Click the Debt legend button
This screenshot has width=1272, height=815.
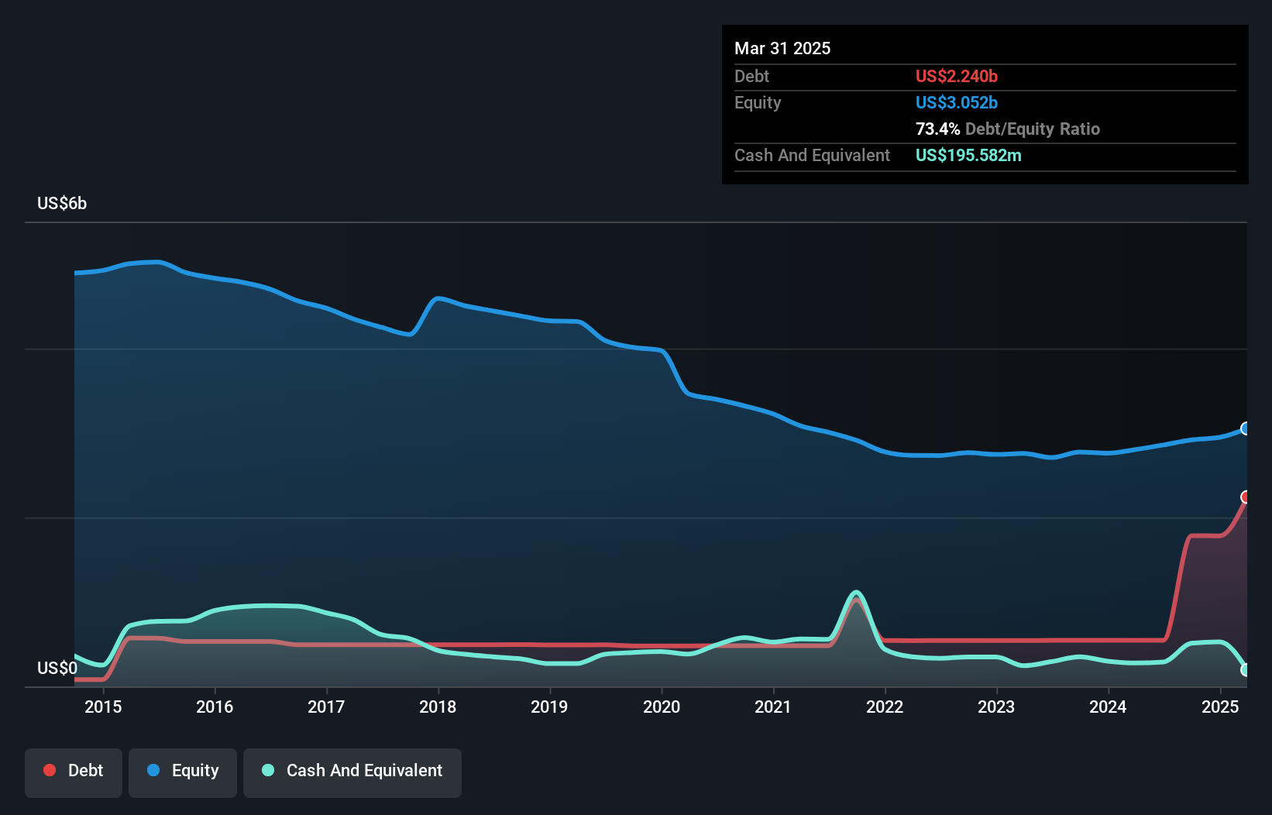click(x=74, y=772)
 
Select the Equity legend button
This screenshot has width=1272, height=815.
click(x=183, y=772)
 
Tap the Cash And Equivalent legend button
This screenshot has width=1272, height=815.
click(x=352, y=772)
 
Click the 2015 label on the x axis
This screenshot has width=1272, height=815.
click(x=103, y=707)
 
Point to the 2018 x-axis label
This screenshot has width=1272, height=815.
click(x=438, y=707)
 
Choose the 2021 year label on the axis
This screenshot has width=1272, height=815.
click(x=773, y=707)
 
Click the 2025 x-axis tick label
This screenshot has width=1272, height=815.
click(x=1220, y=707)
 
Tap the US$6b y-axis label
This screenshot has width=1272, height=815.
click(x=62, y=204)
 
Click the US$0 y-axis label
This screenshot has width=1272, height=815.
click(x=57, y=668)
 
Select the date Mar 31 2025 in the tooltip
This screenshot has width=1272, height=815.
click(x=782, y=49)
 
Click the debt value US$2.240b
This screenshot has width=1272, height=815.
click(x=956, y=77)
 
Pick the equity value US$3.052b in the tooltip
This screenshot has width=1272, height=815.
click(x=956, y=103)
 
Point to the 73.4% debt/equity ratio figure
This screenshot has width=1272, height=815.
click(x=937, y=129)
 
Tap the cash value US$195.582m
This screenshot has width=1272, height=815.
click(x=968, y=156)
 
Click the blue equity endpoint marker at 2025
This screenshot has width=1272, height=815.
click(x=1246, y=428)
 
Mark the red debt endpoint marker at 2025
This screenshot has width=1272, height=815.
click(x=1246, y=497)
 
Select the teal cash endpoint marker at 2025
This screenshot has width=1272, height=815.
click(x=1246, y=670)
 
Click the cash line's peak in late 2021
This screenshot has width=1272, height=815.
click(x=856, y=593)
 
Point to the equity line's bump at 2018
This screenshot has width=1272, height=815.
click(x=438, y=298)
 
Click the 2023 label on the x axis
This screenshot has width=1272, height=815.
click(x=996, y=707)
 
